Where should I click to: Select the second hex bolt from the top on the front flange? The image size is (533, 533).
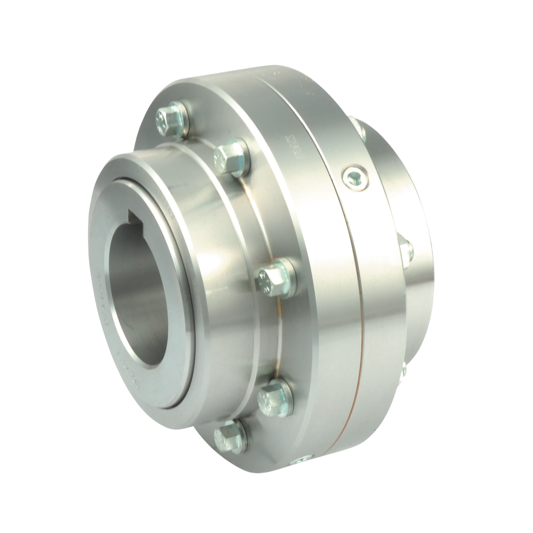[x=229, y=156]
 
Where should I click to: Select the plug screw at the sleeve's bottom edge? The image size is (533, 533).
[x=302, y=461]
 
